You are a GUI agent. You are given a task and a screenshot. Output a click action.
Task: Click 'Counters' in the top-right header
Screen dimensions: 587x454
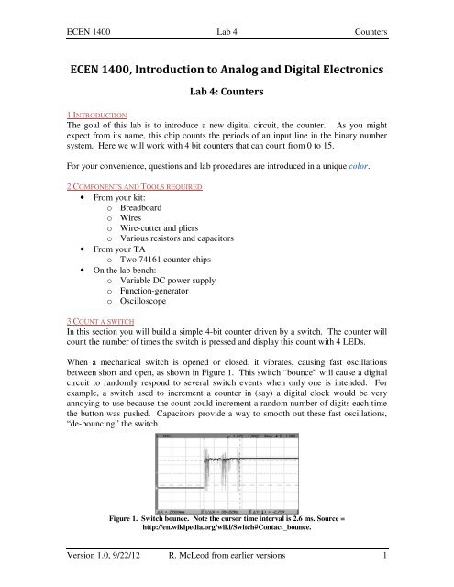pos(369,32)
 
